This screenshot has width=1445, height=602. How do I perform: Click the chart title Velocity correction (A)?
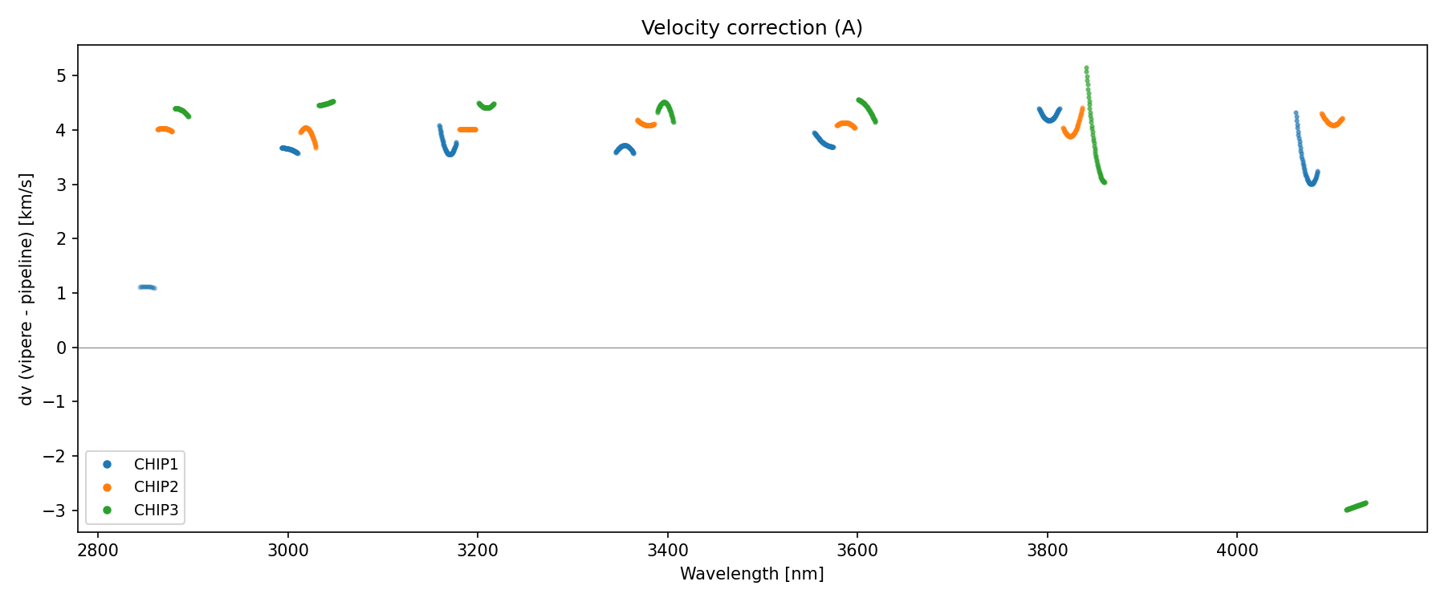point(751,28)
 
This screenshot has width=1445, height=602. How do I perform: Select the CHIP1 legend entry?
point(156,465)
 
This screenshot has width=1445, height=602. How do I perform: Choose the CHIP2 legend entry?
point(156,487)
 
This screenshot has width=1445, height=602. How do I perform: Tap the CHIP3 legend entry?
point(156,510)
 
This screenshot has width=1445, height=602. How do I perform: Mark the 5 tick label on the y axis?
point(63,76)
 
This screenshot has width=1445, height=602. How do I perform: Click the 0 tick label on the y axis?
point(63,348)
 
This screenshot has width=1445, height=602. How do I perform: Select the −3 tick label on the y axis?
point(58,510)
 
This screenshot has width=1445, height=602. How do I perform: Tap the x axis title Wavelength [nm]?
point(751,574)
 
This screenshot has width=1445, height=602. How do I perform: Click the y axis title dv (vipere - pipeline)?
point(26,289)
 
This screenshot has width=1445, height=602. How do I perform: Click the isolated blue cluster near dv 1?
point(147,287)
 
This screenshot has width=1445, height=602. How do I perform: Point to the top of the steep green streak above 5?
point(1086,69)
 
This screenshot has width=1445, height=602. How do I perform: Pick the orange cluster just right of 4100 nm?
point(1333,121)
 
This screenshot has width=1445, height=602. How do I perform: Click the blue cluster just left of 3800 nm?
point(1049,116)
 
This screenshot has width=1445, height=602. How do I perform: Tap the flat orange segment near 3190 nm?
point(468,129)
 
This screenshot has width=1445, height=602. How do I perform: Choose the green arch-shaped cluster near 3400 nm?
point(666,109)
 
